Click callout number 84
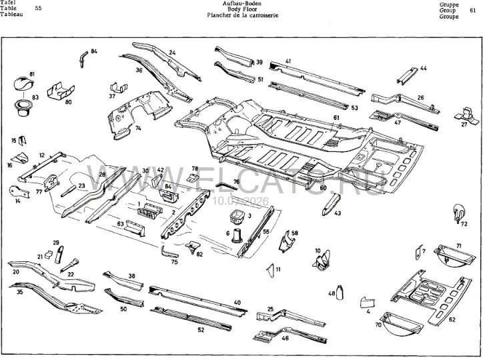(x=94, y=51)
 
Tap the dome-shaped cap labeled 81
(x=23, y=84)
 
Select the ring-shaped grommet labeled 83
(x=23, y=108)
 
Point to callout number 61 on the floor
(x=336, y=117)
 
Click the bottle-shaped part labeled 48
(x=340, y=292)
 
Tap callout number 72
(x=464, y=224)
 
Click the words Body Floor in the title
(x=242, y=9)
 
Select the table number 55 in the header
(x=38, y=8)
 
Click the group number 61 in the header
(x=473, y=10)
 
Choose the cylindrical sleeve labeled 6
(x=237, y=236)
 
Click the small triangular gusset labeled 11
(x=271, y=271)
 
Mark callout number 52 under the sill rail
(x=201, y=330)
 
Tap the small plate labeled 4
(x=368, y=302)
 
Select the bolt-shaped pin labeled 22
(x=70, y=265)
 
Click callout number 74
(x=138, y=128)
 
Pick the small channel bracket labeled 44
(x=407, y=76)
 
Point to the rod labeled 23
(x=69, y=191)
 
